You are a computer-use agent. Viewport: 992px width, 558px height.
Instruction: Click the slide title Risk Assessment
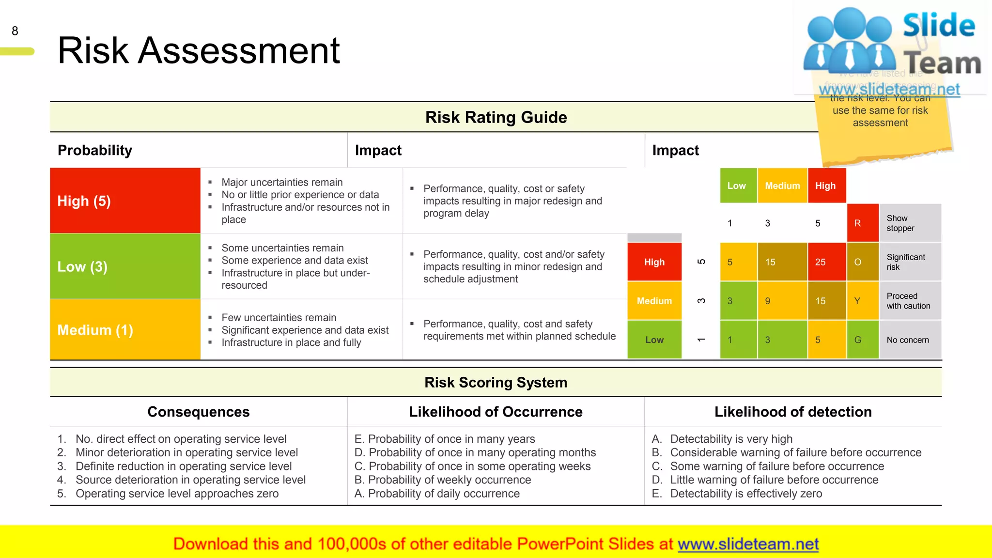[x=199, y=50]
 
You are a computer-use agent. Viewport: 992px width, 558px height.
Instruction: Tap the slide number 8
[x=15, y=31]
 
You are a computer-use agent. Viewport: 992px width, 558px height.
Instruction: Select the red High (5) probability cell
[x=125, y=201]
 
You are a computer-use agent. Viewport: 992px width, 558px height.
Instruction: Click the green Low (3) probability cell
[x=125, y=266]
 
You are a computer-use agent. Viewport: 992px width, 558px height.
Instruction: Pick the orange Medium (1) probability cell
[x=125, y=330]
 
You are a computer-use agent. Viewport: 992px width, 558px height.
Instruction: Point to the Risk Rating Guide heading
[x=496, y=117]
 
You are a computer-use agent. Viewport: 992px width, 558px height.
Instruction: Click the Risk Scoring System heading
[x=496, y=382]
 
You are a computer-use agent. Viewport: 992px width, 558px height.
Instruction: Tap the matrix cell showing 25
[x=826, y=262]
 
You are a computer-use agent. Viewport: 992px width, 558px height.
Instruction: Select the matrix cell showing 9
[x=782, y=301]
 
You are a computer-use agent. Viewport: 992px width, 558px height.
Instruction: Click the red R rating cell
[x=862, y=223]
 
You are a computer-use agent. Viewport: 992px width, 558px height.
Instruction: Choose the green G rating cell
[x=862, y=340]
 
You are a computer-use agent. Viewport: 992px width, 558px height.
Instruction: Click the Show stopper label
[x=900, y=223]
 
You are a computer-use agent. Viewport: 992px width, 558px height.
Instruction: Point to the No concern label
[x=908, y=340]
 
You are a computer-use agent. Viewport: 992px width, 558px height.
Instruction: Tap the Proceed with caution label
[x=908, y=301]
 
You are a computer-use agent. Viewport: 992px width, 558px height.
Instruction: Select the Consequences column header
[x=199, y=412]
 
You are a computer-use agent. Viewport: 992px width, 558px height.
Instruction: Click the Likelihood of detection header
[x=793, y=412]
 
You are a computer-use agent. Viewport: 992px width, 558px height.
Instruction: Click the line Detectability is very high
[x=731, y=439]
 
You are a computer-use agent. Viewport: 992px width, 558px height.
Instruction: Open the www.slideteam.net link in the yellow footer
[x=748, y=544]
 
